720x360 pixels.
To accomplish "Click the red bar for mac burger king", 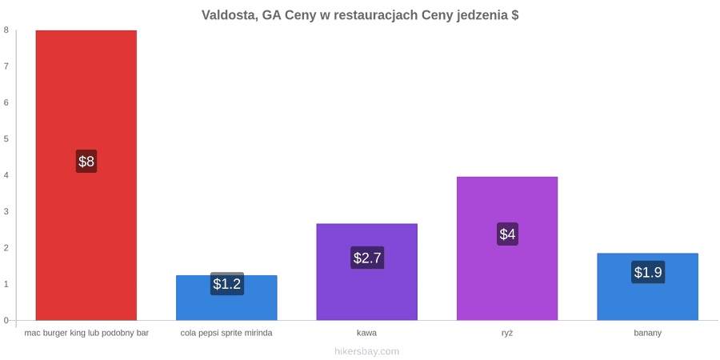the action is tap(86, 175).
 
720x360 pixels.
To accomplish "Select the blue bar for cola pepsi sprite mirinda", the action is tap(227, 298).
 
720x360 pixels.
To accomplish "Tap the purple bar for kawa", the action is tap(367, 272).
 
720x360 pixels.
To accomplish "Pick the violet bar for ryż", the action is tap(507, 249).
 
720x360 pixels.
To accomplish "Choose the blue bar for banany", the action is tap(648, 286).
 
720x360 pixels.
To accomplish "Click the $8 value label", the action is tap(86, 161).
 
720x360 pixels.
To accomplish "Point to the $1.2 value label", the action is tap(227, 284).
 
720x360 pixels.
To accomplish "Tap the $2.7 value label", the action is tap(367, 258).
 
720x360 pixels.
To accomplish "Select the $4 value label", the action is tap(507, 234).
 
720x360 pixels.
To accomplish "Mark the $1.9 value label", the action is tap(648, 272).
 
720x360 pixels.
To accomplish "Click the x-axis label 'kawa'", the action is tap(367, 333).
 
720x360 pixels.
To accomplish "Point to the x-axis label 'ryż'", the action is tap(507, 334).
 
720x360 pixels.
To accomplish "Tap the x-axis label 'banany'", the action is tap(648, 334).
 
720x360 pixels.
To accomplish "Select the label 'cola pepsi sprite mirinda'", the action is tap(226, 334).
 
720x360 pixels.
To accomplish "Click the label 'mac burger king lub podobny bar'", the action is tap(86, 334).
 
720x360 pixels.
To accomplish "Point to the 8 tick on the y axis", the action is tap(6, 30).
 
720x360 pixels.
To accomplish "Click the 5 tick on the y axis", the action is tap(6, 139).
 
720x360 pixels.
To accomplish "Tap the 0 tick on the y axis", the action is tap(6, 321).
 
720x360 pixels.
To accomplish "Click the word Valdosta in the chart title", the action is tap(230, 16).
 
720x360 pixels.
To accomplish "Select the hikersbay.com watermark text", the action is tap(367, 352).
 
